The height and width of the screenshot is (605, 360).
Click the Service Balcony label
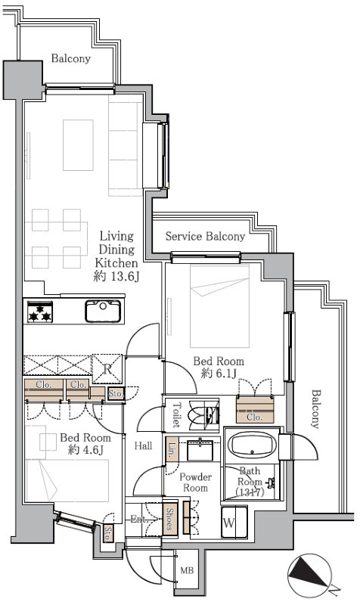205,236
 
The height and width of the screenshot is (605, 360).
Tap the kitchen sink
103,311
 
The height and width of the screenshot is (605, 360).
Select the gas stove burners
40,312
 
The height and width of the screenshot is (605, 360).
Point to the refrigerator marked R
107,369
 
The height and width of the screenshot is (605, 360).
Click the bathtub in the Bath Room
253,445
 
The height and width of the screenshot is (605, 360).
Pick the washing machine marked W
234,523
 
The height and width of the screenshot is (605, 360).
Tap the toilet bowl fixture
203,414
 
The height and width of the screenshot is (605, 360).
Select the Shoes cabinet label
169,519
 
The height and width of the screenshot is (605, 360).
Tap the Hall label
143,445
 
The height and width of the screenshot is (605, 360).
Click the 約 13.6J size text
116,276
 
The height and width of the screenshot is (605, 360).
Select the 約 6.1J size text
219,374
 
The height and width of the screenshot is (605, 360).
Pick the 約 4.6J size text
85,449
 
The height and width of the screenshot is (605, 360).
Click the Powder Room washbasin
200,449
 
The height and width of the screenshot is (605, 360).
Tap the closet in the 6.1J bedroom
255,409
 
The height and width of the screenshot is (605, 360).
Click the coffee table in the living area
79,145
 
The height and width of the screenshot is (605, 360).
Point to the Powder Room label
196,482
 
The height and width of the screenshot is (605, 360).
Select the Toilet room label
176,414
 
